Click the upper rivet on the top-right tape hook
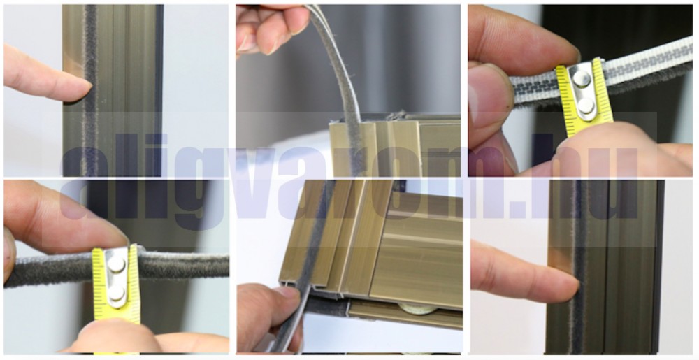point(582,78)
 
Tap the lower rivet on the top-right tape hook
point(585,106)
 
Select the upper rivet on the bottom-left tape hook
point(116,264)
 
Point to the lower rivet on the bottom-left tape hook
point(116,293)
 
